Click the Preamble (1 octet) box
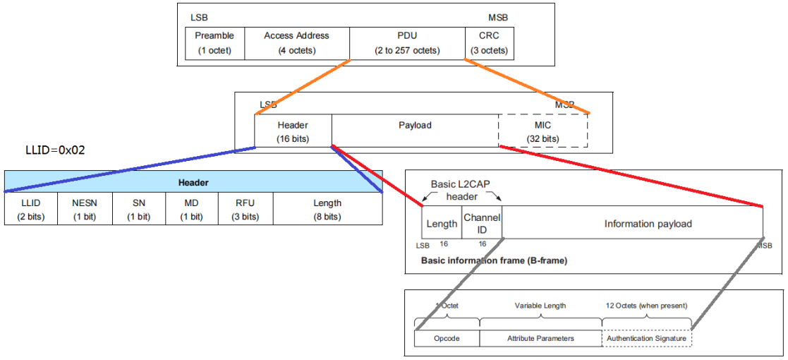214,43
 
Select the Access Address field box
296,43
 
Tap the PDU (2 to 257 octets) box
406,43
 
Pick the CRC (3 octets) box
490,43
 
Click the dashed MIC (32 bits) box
542,131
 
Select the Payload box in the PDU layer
414,131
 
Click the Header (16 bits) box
293,131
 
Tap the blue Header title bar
193,182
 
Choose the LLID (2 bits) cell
30,209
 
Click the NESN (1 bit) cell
85,209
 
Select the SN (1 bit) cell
138,209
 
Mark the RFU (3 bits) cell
246,209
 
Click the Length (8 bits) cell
327,209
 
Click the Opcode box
447,338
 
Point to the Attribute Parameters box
540,338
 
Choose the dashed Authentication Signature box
646,338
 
